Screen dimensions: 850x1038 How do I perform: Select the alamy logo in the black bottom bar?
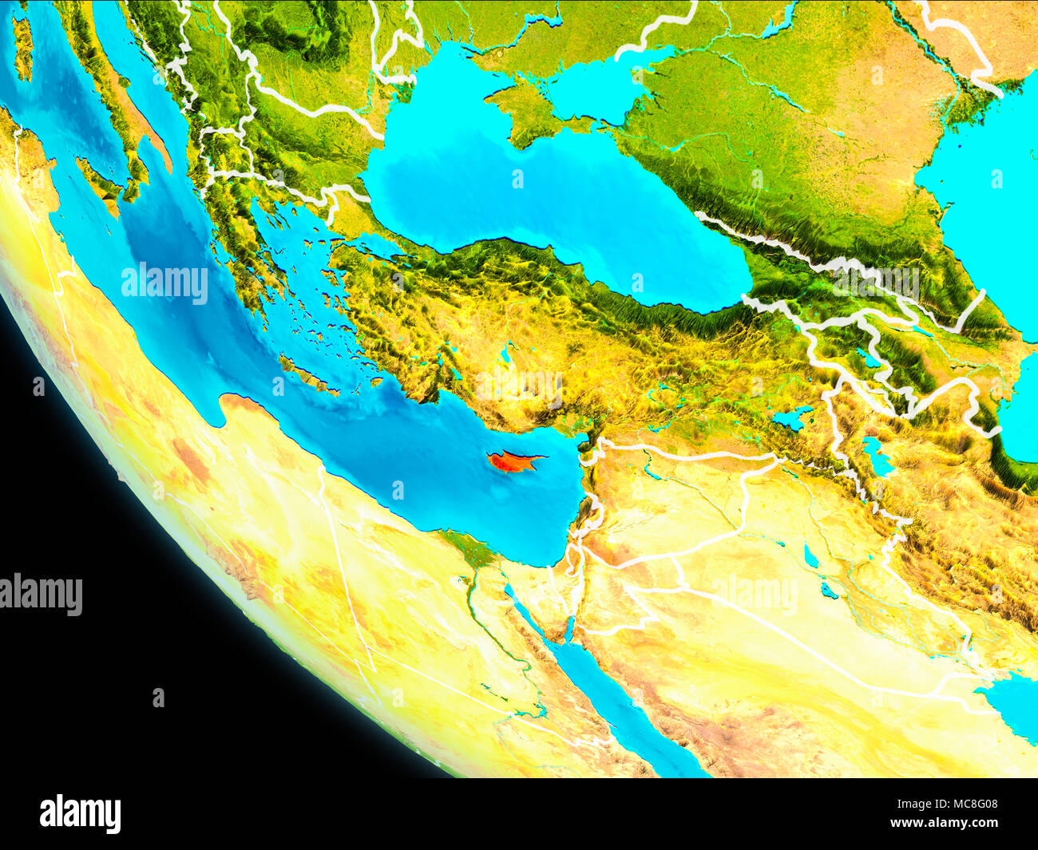[80, 813]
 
